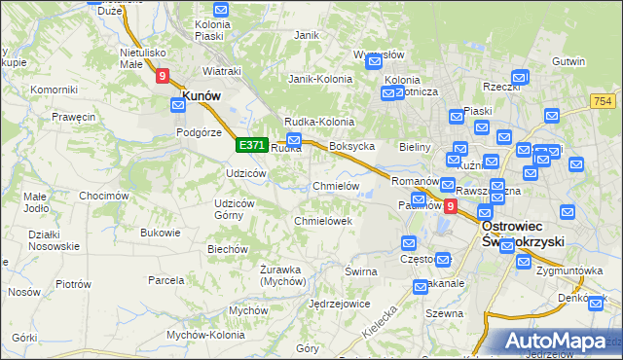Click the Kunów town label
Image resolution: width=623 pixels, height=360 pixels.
(x=200, y=95)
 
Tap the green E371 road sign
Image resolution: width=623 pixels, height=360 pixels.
(x=251, y=145)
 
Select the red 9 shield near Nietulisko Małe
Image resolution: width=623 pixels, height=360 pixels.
(x=162, y=74)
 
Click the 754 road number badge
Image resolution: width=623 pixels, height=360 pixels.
(x=604, y=100)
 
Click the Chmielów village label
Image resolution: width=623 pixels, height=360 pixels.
(x=336, y=186)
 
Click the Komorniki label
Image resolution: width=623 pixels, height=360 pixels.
(x=54, y=90)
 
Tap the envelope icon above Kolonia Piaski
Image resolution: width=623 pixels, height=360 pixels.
(x=220, y=10)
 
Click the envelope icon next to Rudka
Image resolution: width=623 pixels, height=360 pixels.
(x=294, y=141)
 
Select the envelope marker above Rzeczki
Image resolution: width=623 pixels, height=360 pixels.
(x=519, y=75)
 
